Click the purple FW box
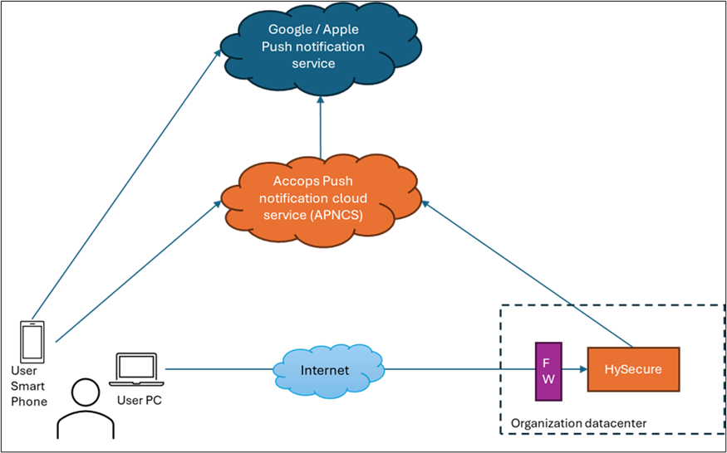pyautogui.click(x=548, y=370)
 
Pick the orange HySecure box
pyautogui.click(x=633, y=369)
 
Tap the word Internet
pyautogui.click(x=325, y=370)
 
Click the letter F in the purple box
pyautogui.click(x=548, y=362)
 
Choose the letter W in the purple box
pyautogui.click(x=548, y=378)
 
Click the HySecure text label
pyautogui.click(x=633, y=369)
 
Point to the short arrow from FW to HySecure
pyautogui.click(x=574, y=369)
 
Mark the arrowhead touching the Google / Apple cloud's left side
pyautogui.click(x=218, y=54)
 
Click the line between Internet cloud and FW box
pyautogui.click(x=457, y=369)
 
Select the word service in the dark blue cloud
pyautogui.click(x=313, y=63)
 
